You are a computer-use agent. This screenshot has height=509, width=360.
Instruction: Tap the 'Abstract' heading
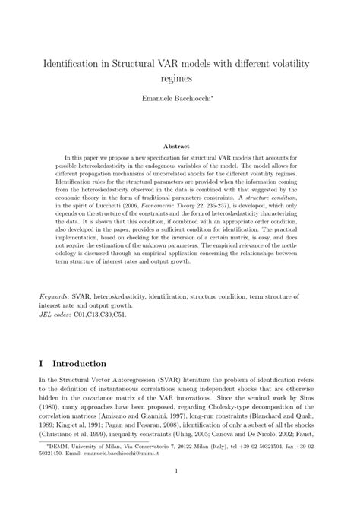pos(180,146)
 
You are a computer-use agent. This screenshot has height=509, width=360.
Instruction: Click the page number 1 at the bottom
pos(180,493)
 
